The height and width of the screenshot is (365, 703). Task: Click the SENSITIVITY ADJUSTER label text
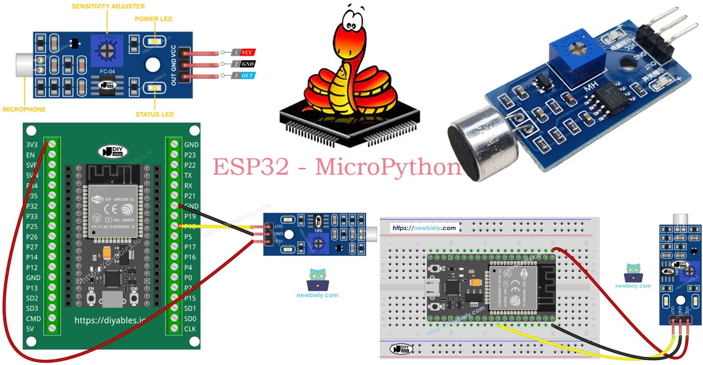pos(108,7)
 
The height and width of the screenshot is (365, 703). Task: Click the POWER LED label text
pos(153,19)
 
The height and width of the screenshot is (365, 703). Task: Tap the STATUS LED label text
pos(154,114)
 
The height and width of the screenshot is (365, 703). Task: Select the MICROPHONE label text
pos(24,110)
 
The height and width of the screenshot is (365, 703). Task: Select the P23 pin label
pos(190,155)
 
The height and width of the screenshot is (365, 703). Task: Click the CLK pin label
pos(190,329)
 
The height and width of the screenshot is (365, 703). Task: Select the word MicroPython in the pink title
pos(388,167)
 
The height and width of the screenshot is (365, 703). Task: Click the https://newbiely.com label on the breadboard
pos(424,228)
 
